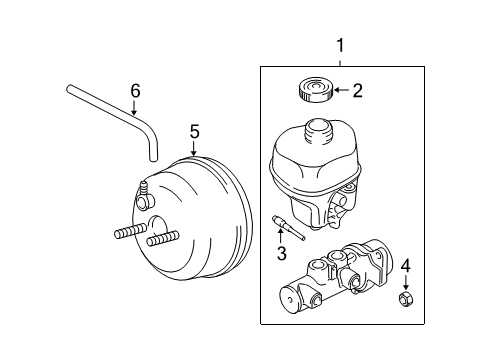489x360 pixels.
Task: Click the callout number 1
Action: pos(340,45)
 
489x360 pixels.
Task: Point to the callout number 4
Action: pos(405,266)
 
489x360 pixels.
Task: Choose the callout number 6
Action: pos(135,92)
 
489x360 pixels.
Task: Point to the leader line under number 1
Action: pos(340,60)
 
